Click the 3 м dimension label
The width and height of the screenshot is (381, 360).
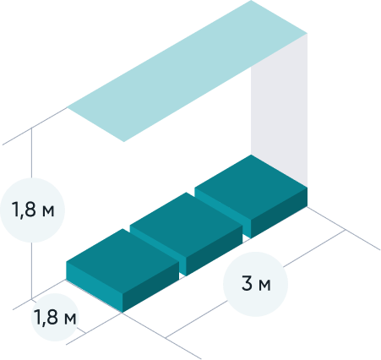256,283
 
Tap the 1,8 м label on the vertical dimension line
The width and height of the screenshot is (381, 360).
33,210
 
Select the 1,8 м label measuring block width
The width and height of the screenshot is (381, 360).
55,317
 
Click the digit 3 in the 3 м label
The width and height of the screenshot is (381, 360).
247,283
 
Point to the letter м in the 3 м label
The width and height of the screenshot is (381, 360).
264,286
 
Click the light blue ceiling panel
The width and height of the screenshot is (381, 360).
188,70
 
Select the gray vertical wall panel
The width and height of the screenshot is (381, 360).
279,110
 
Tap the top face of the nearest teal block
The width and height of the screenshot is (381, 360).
122,261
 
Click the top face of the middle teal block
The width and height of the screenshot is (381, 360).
186,225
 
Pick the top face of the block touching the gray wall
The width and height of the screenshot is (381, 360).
251,187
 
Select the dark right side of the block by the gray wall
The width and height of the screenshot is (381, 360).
279,213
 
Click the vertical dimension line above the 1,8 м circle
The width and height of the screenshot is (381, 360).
31,153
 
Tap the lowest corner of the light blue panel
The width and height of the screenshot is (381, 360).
124,142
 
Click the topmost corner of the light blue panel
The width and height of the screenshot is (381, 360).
251,0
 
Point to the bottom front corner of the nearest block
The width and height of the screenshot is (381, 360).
122,313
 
